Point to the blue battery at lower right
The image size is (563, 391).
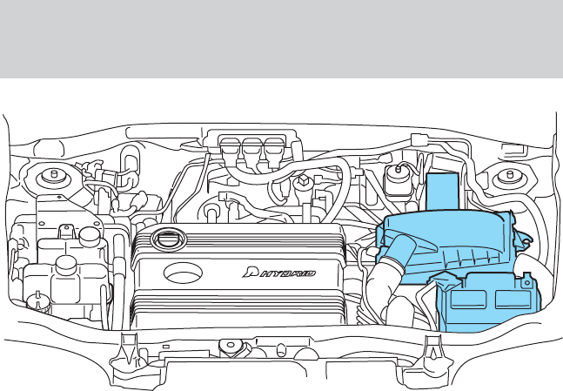coord(486,300)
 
